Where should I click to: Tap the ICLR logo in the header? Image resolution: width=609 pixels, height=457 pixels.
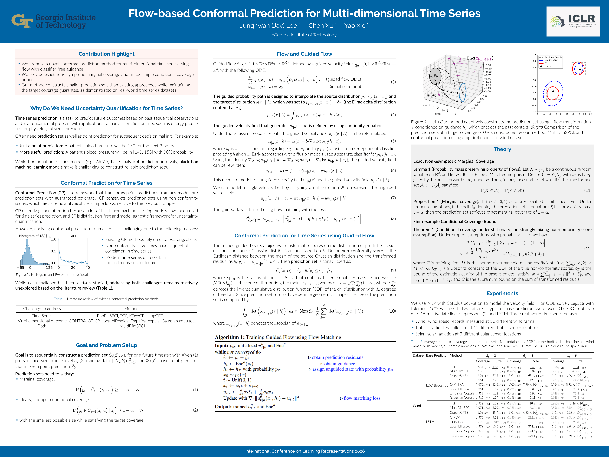point(573,21)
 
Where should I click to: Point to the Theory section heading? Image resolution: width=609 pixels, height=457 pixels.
point(502,149)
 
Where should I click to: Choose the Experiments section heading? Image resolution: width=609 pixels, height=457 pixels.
point(502,293)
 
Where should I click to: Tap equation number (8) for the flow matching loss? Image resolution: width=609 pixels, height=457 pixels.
point(393,219)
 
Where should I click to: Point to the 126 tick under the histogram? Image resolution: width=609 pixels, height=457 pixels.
point(49,268)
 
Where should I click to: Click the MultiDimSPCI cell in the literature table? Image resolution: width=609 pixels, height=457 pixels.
point(132,326)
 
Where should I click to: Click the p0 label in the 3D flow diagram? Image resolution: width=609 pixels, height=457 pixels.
point(435,76)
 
